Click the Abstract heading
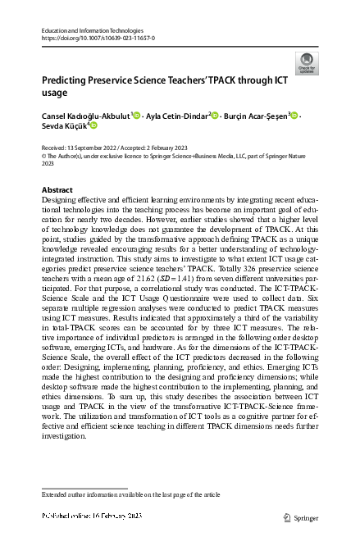coord(57,189)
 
